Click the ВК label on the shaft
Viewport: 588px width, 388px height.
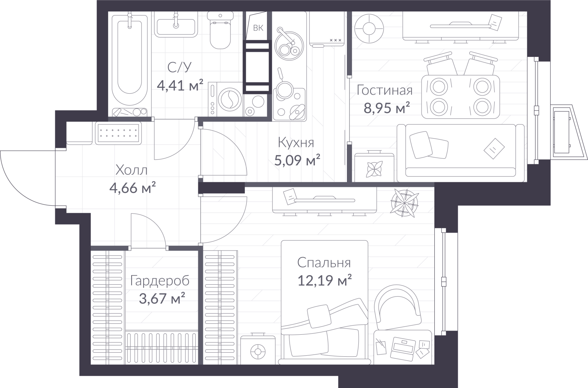click(x=258, y=28)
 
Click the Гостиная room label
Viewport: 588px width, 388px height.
click(x=384, y=90)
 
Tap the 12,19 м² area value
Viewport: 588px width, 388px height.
click(x=325, y=280)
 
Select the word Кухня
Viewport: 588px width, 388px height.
click(x=296, y=143)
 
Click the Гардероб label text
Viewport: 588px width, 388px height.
click(x=160, y=281)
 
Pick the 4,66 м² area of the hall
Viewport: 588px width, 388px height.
click(x=133, y=187)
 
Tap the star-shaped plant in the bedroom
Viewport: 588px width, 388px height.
click(x=404, y=203)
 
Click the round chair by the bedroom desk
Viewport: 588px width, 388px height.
click(x=398, y=307)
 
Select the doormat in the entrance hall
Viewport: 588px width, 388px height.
click(x=118, y=133)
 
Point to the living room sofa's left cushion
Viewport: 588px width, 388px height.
click(x=420, y=145)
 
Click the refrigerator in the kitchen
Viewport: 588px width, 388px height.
click(x=327, y=29)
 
